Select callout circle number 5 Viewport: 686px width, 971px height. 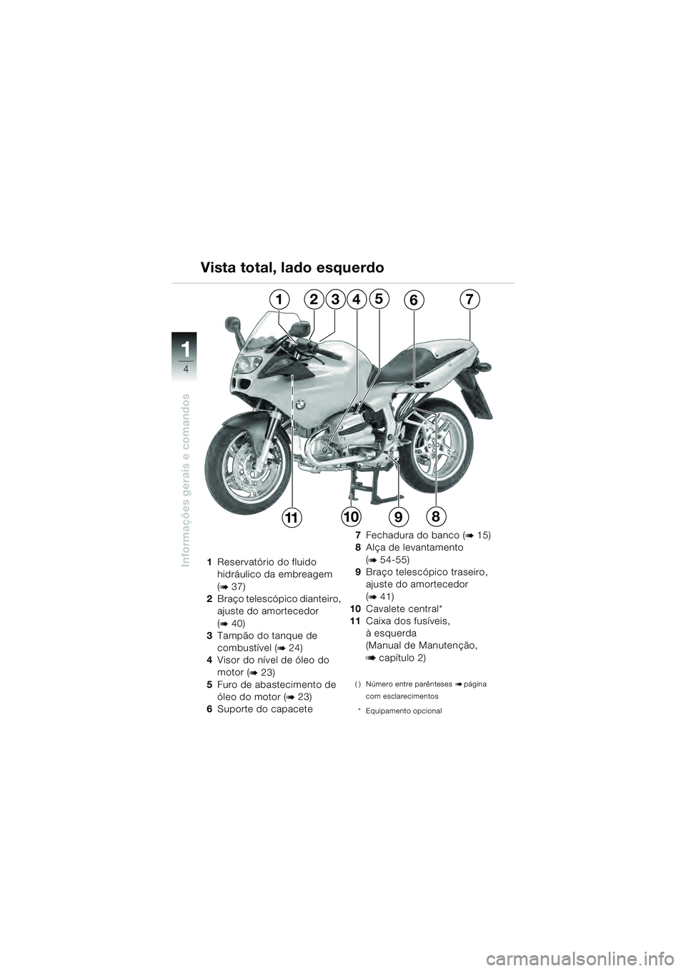pyautogui.click(x=379, y=297)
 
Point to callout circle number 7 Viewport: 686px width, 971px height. pyautogui.click(x=469, y=297)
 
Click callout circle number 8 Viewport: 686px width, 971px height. pyautogui.click(x=435, y=515)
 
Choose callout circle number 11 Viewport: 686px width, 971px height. pyautogui.click(x=292, y=516)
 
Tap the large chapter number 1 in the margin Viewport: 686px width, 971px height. pyautogui.click(x=186, y=350)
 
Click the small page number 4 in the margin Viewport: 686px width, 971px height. pyautogui.click(x=186, y=369)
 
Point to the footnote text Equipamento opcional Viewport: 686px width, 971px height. pyautogui.click(x=403, y=711)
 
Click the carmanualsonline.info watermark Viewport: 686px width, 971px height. pyautogui.click(x=558, y=952)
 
